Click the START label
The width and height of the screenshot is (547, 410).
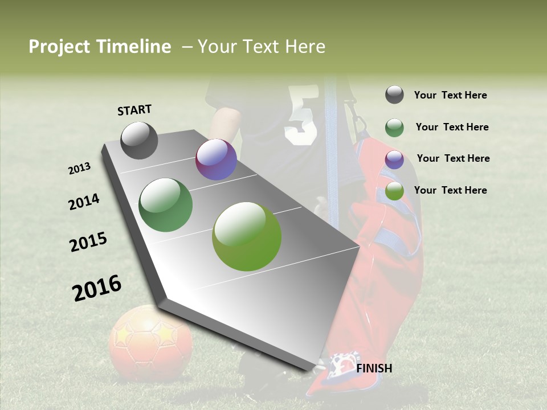tap(134, 110)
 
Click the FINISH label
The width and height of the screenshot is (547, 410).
tap(374, 368)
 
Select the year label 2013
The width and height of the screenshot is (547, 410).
tap(80, 169)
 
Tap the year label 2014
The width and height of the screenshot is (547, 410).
tap(84, 202)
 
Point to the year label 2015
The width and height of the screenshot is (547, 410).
tap(88, 241)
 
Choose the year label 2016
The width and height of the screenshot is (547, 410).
tap(97, 288)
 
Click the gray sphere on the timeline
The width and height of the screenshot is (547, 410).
tap(140, 140)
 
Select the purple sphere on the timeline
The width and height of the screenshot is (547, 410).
tap(216, 159)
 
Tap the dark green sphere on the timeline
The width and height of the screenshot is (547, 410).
tap(166, 205)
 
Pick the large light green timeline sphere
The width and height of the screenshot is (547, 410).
tap(247, 236)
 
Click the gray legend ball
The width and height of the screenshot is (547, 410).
tap(394, 95)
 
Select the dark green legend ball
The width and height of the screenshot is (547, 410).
tap(394, 128)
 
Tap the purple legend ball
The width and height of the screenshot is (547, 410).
tap(394, 159)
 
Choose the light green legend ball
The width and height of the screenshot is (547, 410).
tap(394, 191)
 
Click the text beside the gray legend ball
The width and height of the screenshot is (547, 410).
tap(450, 95)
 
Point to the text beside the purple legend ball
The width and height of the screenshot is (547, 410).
tap(453, 158)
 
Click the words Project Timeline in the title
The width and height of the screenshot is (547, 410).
tap(100, 47)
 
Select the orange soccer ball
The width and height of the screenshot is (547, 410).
tap(150, 342)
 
